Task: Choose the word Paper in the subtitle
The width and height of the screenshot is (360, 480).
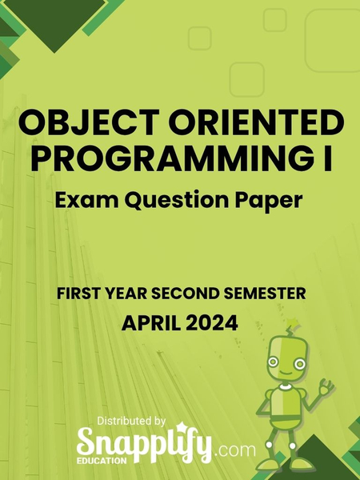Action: (x=274, y=198)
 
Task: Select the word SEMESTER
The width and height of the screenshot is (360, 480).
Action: (x=261, y=294)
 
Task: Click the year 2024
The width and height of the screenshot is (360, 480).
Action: (x=214, y=323)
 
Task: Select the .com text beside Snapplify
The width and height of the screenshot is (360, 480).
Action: (x=234, y=450)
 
